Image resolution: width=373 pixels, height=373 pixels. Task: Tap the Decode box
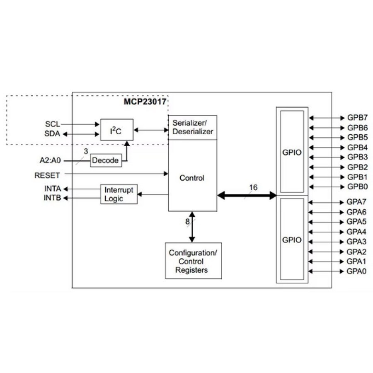[106, 160]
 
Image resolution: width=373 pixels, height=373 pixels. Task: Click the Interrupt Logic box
[119, 194]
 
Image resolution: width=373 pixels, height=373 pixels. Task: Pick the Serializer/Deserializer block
[192, 128]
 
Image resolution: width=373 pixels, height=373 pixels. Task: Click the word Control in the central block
[192, 178]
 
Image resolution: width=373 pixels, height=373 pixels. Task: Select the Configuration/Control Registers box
[193, 261]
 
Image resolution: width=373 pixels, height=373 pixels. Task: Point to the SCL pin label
[53, 124]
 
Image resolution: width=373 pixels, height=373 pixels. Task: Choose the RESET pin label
[47, 175]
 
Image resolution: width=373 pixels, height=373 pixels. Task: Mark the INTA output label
[53, 189]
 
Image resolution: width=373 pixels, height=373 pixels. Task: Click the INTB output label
[53, 198]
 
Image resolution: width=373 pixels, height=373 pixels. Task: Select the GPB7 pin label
[357, 118]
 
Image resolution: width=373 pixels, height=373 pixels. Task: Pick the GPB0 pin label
[357, 187]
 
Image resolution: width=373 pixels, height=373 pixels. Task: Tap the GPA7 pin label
[357, 202]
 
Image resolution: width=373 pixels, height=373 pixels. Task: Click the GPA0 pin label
[357, 271]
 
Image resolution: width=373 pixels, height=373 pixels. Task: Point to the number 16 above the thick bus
[253, 187]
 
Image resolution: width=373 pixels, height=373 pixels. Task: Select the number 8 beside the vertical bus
[187, 221]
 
